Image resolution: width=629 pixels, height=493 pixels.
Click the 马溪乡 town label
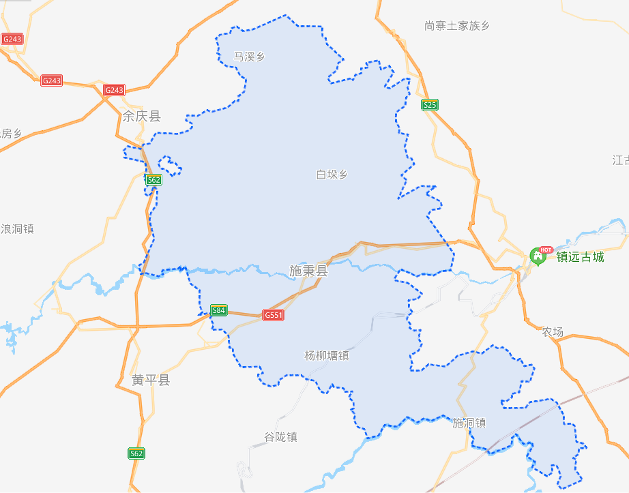(248, 57)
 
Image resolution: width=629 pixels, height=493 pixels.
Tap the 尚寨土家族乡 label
(456, 26)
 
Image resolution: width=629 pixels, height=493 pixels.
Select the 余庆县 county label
(141, 117)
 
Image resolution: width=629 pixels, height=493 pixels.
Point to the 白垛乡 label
(332, 175)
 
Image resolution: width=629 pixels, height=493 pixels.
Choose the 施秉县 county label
(308, 271)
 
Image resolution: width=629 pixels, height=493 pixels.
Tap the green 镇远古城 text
(580, 257)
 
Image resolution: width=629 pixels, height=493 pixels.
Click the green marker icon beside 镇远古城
(538, 258)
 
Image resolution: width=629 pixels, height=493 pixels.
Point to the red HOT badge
(546, 250)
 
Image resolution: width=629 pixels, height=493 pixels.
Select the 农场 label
(553, 332)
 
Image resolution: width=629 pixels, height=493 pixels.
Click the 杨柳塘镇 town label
(326, 355)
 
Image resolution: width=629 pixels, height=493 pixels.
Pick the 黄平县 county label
(151, 380)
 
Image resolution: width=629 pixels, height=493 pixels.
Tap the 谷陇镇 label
(280, 437)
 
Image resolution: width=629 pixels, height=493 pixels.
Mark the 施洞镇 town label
(469, 423)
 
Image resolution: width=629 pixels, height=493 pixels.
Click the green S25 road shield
(429, 104)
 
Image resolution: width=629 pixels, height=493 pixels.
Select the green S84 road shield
(218, 310)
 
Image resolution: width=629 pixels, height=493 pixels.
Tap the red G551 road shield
(273, 315)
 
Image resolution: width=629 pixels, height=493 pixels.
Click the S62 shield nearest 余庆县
(153, 180)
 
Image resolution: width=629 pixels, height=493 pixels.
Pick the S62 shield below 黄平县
(136, 453)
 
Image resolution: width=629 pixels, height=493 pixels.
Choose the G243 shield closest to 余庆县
(114, 90)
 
